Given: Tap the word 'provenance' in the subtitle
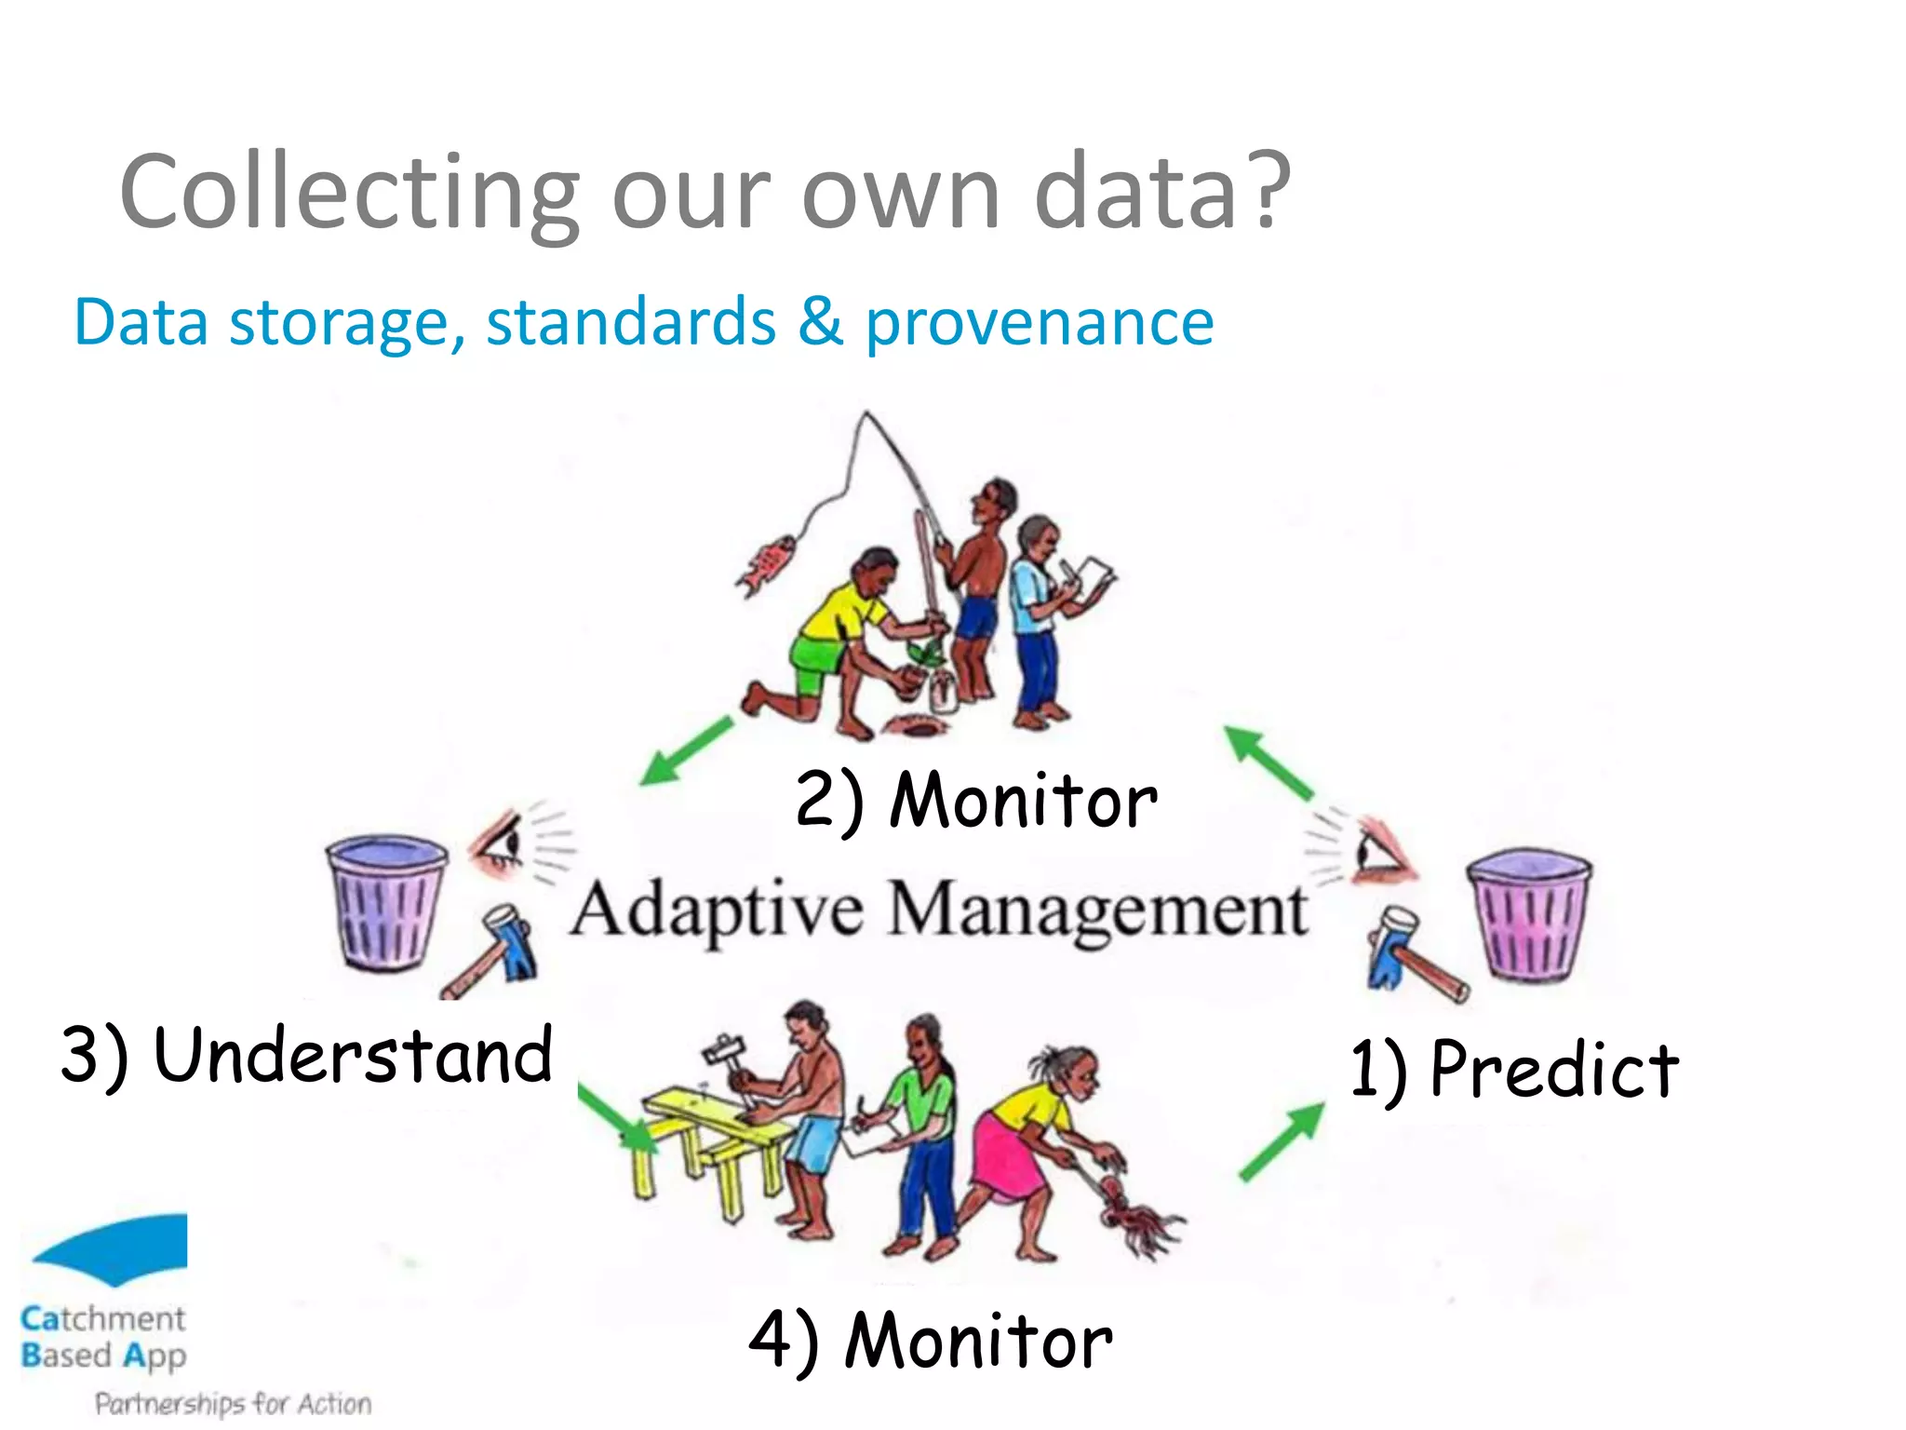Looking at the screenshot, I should [1039, 323].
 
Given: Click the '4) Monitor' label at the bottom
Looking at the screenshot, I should [931, 1341].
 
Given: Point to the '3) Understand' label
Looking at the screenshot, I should [307, 1055].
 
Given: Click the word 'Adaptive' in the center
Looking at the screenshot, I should [717, 911].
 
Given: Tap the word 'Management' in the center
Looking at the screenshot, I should [1098, 911].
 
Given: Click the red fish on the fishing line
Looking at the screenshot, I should [765, 564].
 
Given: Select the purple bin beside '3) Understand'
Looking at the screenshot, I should [385, 901].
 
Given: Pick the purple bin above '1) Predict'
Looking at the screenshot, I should [1529, 914].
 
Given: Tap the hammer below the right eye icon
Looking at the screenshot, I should [1411, 953].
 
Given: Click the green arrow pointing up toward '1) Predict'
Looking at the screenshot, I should [1282, 1141].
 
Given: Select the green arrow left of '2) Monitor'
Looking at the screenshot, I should [687, 750].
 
